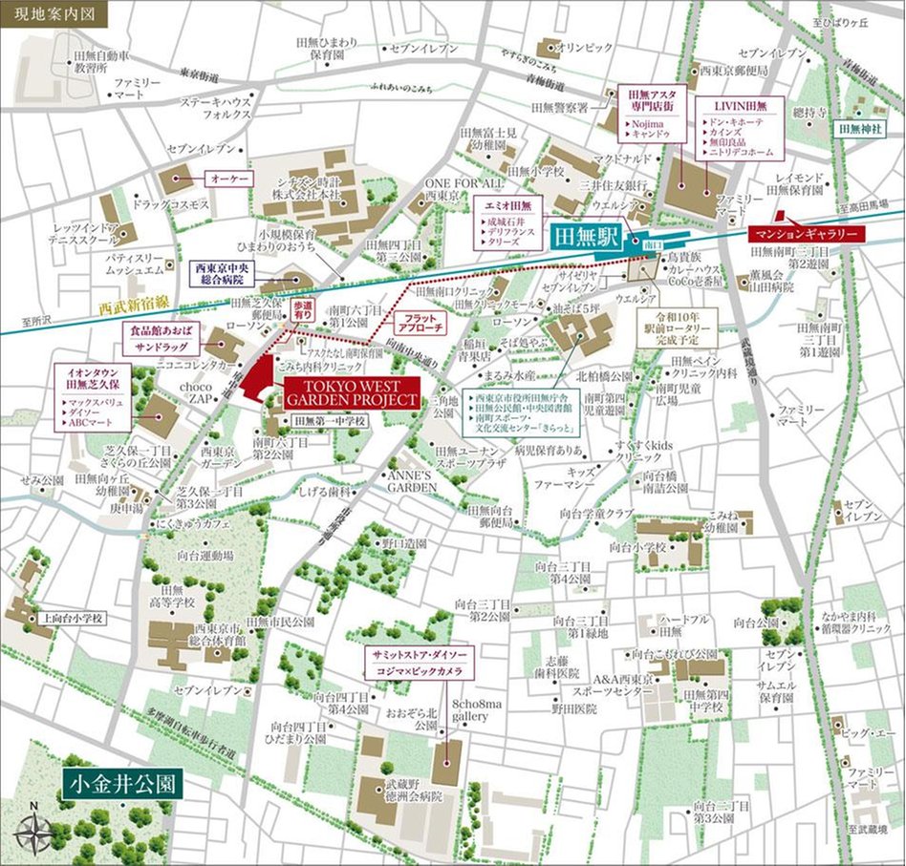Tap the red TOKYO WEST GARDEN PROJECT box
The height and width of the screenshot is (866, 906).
pos(352,393)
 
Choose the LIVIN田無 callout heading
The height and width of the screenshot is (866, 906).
pos(745,102)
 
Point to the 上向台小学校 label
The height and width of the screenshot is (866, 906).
pos(72,618)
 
